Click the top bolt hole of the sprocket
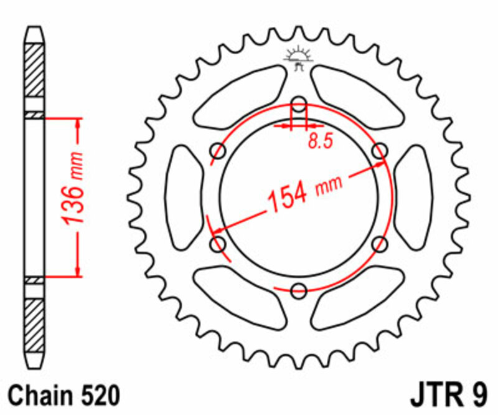pos(299,103)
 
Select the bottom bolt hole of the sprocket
pos(299,289)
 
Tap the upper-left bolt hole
pos(218,150)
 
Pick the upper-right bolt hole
pos(380,150)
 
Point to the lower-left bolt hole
pos(218,244)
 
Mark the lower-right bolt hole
pos(380,244)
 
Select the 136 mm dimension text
pos(73,196)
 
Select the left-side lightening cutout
pos(184,197)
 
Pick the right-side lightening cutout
pos(414,197)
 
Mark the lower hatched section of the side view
pos(34,324)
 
